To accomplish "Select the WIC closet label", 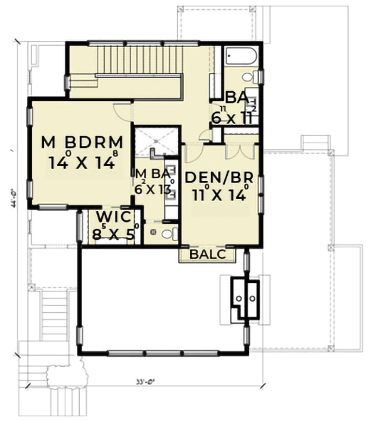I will (x=113, y=215).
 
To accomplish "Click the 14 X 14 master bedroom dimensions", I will (x=83, y=162).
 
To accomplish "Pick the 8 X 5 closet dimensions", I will (x=113, y=232).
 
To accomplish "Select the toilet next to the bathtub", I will (x=249, y=77).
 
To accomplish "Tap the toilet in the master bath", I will (x=165, y=233).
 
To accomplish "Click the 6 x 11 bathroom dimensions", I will (x=232, y=117).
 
